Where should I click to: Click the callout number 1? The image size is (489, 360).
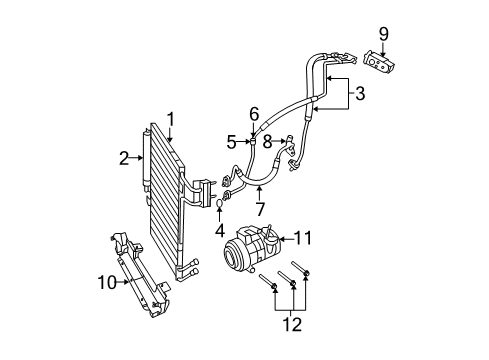pyautogui.click(x=171, y=119)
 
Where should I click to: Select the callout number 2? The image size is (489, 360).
pyautogui.click(x=125, y=156)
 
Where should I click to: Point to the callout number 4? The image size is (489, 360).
pyautogui.click(x=218, y=229)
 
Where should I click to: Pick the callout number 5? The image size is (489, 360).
pyautogui.click(x=232, y=141)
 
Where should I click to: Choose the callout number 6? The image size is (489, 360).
pyautogui.click(x=254, y=115)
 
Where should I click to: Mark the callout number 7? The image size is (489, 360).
pyautogui.click(x=260, y=208)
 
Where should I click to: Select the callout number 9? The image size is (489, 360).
pyautogui.click(x=383, y=36)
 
